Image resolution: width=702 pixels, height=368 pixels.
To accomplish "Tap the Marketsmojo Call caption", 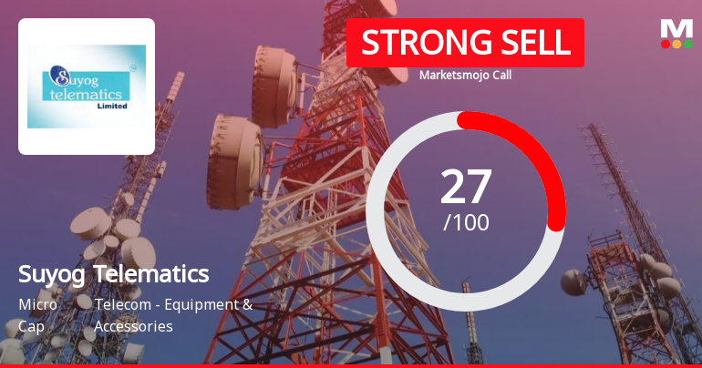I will pyautogui.click(x=465, y=75).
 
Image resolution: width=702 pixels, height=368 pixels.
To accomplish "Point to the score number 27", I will pyautogui.click(x=466, y=186).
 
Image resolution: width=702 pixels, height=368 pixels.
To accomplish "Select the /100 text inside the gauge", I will pyautogui.click(x=466, y=222).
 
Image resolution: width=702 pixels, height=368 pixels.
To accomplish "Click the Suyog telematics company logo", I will pyautogui.click(x=87, y=86).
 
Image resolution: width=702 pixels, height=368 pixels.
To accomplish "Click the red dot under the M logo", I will pyautogui.click(x=666, y=44).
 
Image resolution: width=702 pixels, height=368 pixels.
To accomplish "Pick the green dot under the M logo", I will pyautogui.click(x=688, y=44).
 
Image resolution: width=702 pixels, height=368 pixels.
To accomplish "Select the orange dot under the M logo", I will pyautogui.click(x=676, y=44).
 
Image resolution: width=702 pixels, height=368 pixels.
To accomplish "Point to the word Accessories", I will pyautogui.click(x=133, y=326).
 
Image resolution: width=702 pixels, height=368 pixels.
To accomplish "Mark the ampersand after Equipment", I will pyautogui.click(x=246, y=304).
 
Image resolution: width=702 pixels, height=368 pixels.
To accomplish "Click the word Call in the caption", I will pyautogui.click(x=499, y=75).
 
